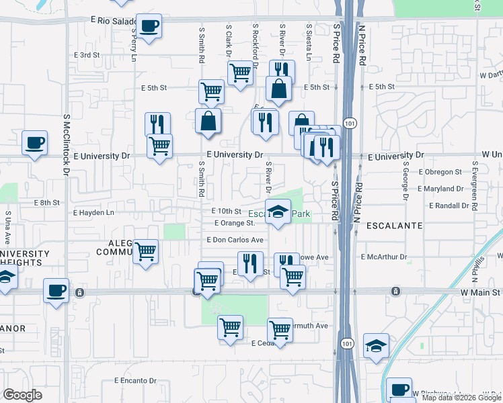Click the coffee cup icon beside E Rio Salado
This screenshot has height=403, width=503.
coord(149,26)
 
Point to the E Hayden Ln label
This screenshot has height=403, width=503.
coord(94,212)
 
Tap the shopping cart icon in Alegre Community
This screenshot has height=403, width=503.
coord(146,252)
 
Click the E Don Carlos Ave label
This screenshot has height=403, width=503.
coord(235,240)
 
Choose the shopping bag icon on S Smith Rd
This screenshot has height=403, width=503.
coord(208,121)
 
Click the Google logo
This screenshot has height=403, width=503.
coord(22,395)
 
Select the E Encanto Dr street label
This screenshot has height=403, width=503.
coord(135,380)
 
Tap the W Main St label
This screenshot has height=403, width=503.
coord(480,293)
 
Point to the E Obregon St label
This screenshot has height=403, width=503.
coord(440,172)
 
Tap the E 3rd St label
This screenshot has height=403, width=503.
coord(87,54)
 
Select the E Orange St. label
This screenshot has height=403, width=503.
coord(235,223)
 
